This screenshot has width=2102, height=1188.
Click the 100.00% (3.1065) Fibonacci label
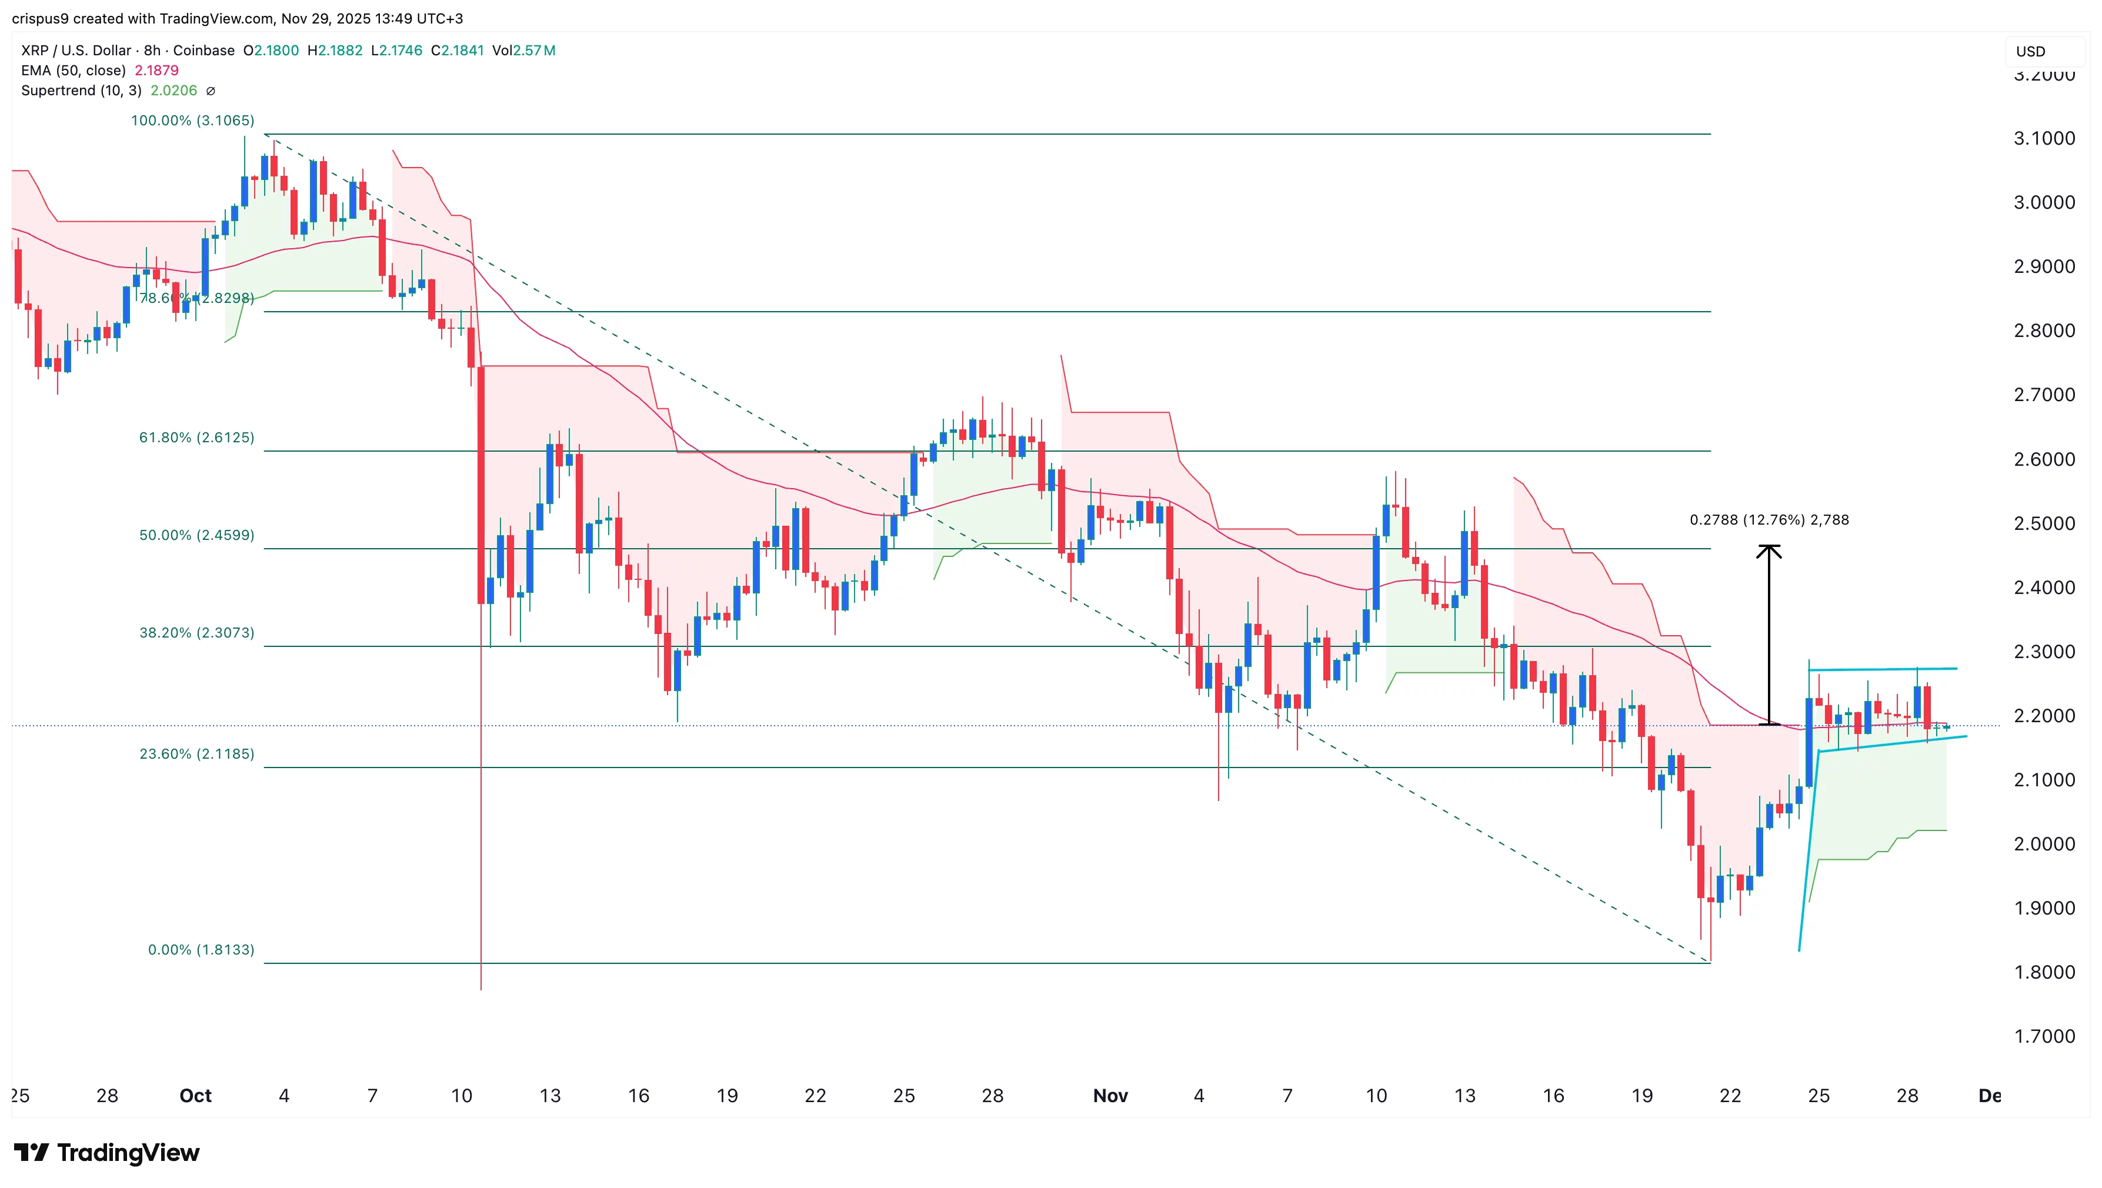(192, 121)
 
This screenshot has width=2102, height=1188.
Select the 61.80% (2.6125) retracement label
(196, 438)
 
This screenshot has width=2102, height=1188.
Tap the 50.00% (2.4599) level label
(196, 535)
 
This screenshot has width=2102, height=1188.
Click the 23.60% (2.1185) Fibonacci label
(196, 754)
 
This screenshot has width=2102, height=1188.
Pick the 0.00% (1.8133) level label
(201, 950)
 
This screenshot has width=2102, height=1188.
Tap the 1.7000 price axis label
(2044, 1036)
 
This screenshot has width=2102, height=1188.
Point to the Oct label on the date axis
(195, 1096)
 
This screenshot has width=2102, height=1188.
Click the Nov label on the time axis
(1110, 1096)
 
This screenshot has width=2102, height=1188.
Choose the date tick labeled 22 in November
(1730, 1096)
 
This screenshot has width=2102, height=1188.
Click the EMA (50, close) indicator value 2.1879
(156, 70)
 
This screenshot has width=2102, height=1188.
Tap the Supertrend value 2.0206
(174, 91)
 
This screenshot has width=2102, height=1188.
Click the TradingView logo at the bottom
(107, 1152)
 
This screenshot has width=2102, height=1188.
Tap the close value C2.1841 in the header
(457, 51)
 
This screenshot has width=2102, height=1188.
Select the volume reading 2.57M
(535, 51)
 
